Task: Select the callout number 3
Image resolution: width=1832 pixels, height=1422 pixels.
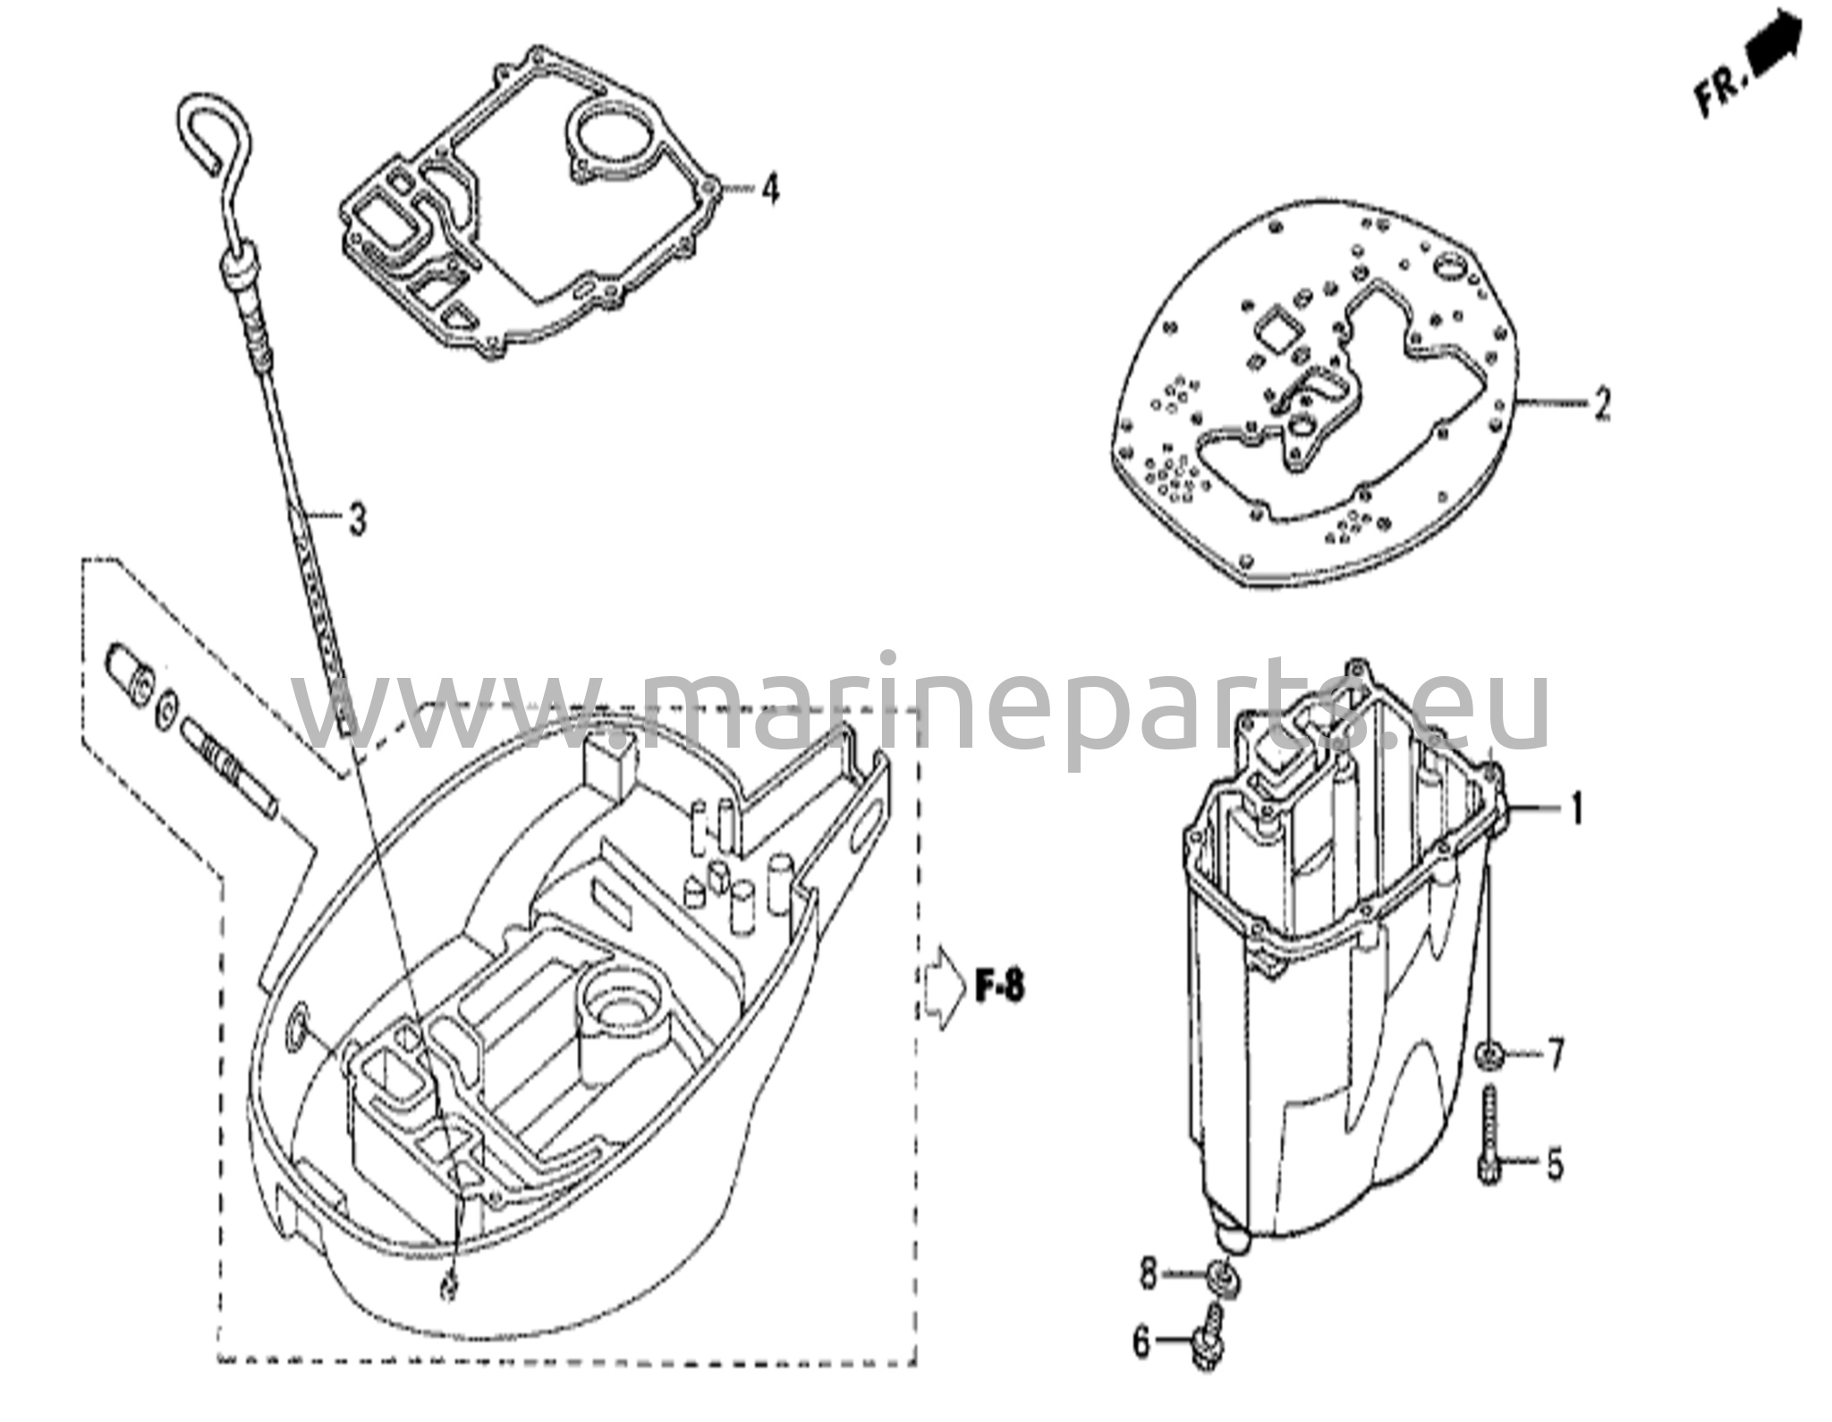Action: click(x=357, y=518)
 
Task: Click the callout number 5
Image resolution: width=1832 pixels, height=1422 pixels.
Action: click(x=1555, y=1165)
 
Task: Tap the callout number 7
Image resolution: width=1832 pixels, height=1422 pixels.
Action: click(x=1556, y=1056)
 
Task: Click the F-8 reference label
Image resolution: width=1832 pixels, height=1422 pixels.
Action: click(x=998, y=987)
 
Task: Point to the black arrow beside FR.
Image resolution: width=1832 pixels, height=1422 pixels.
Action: click(x=1773, y=39)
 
